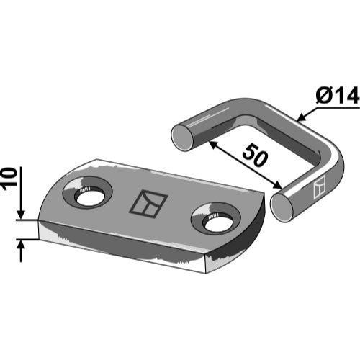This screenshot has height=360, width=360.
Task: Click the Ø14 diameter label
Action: pos(337,96)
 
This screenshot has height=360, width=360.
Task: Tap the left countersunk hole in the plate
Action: pos(87,192)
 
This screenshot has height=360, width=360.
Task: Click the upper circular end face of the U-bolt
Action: pos(182,137)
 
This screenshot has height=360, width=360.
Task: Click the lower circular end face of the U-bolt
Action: pos(283,207)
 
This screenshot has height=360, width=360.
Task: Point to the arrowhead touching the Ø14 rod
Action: pos(302,117)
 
